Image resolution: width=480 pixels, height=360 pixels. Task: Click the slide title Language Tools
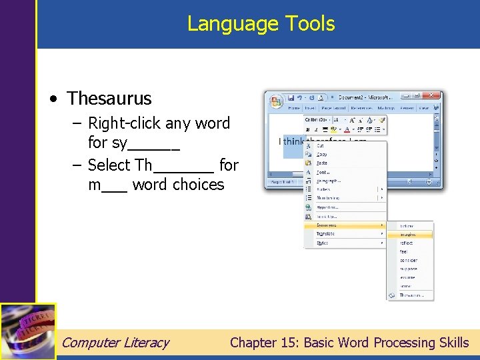pyautogui.click(x=261, y=23)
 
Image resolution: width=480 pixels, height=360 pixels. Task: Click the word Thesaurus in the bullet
pyautogui.click(x=109, y=99)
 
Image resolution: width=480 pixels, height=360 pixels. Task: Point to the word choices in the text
pyautogui.click(x=199, y=185)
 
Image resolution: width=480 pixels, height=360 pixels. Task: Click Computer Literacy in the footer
pyautogui.click(x=115, y=343)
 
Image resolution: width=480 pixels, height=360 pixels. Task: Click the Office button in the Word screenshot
pyautogui.click(x=275, y=101)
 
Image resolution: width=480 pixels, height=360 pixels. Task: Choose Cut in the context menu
pyautogui.click(x=321, y=145)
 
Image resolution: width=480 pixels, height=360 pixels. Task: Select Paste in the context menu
pyautogui.click(x=322, y=163)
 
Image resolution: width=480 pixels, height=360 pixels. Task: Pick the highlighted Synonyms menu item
pyautogui.click(x=327, y=225)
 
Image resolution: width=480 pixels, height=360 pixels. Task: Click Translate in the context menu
pyautogui.click(x=326, y=234)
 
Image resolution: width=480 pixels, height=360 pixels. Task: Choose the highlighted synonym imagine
pyautogui.click(x=407, y=235)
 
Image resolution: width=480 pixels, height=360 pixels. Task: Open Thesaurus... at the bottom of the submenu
pyautogui.click(x=412, y=295)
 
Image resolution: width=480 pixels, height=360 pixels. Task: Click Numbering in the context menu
pyautogui.click(x=328, y=198)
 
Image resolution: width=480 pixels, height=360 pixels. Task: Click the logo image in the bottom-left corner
pyautogui.click(x=28, y=331)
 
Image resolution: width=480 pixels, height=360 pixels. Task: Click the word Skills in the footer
pyautogui.click(x=453, y=343)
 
